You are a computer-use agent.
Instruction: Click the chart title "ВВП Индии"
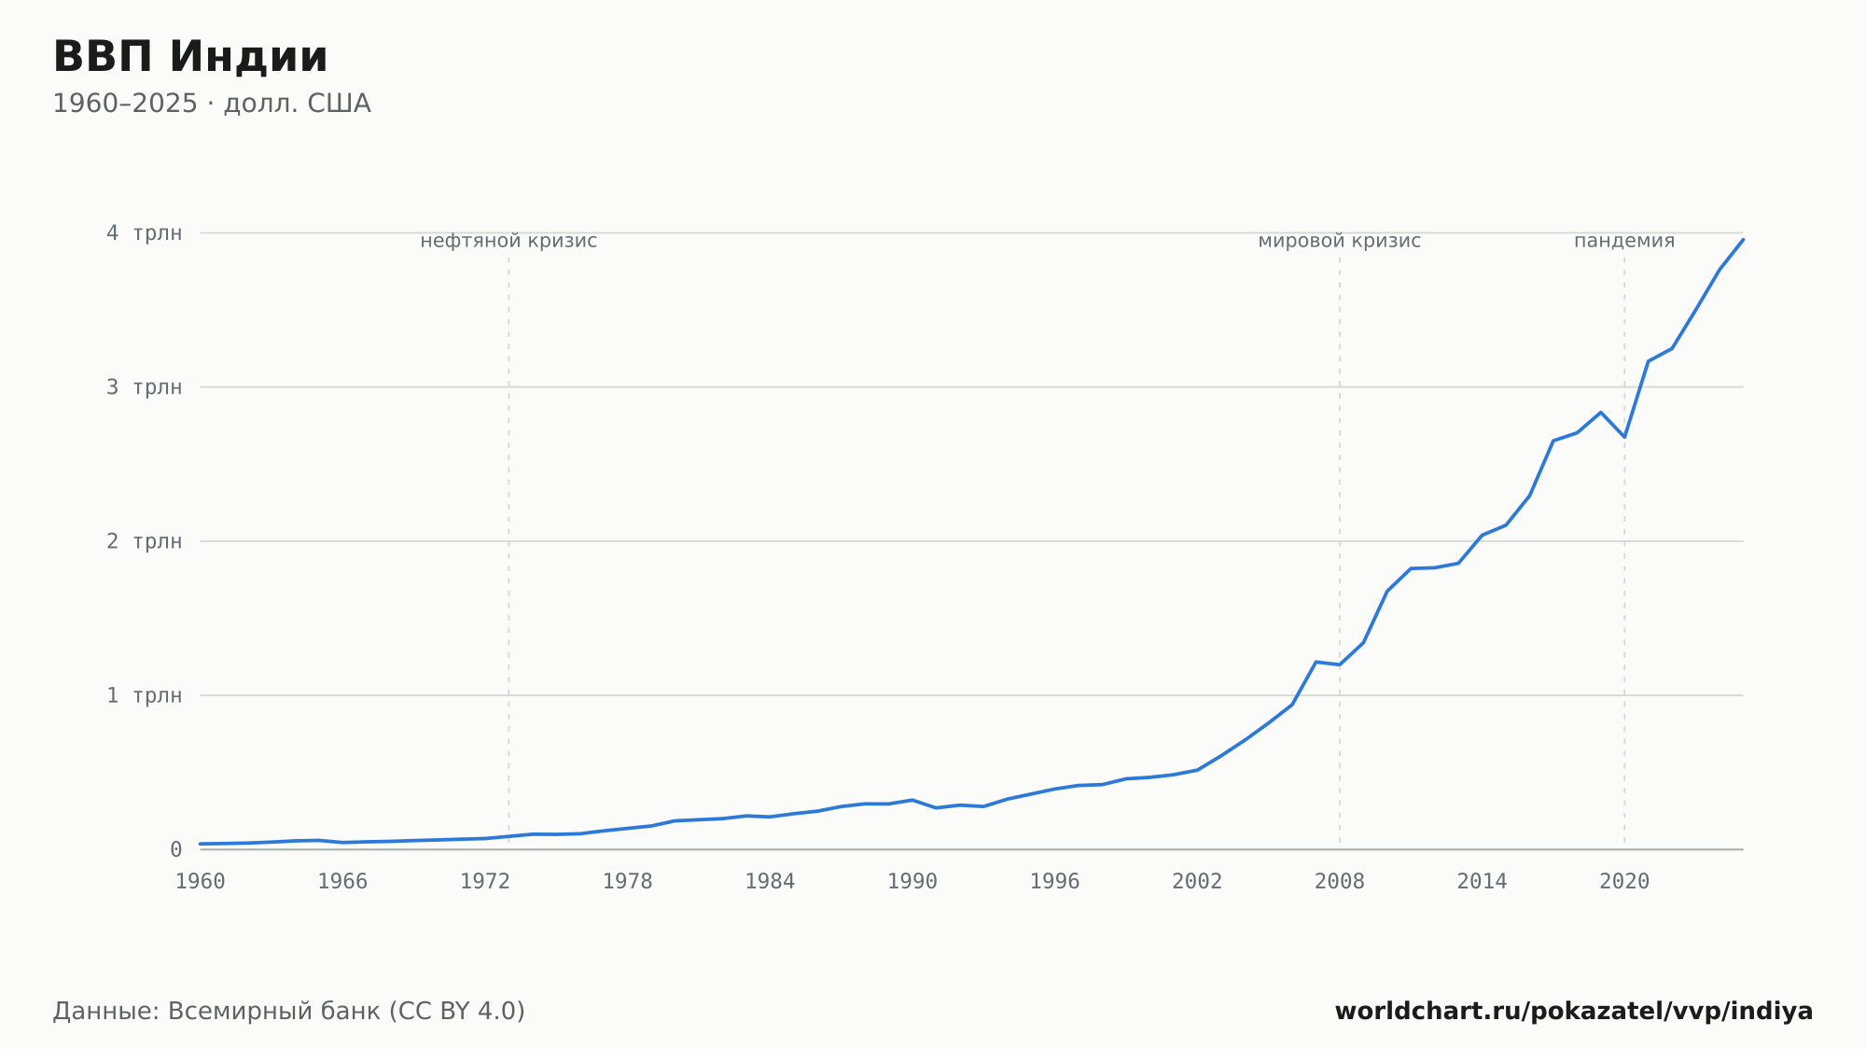[190, 57]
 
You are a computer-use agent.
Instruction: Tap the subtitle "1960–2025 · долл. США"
[212, 104]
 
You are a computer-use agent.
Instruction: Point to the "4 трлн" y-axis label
[144, 232]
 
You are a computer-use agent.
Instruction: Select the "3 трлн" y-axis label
[144, 386]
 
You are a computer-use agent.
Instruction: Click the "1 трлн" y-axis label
[144, 695]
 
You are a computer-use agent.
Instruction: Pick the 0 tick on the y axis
[175, 849]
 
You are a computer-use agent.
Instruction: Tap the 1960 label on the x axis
[201, 882]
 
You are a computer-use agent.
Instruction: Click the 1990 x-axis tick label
[912, 882]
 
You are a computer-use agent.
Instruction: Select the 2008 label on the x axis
[1340, 882]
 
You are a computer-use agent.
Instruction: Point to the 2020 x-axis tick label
[1624, 882]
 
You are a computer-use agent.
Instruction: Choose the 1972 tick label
[485, 882]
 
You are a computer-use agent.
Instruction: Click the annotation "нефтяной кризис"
[508, 241]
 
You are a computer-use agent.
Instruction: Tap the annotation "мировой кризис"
[1340, 241]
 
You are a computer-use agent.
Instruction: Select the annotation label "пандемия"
[1624, 241]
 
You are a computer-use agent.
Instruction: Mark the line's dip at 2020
[1624, 437]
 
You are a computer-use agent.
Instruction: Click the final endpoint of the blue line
[1743, 240]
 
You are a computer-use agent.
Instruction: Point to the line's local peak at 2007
[1316, 662]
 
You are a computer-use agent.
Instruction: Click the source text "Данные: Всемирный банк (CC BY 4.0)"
[289, 1011]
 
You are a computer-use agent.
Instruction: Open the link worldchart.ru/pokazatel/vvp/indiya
[1574, 1011]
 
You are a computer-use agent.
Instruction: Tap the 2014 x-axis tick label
[1482, 882]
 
